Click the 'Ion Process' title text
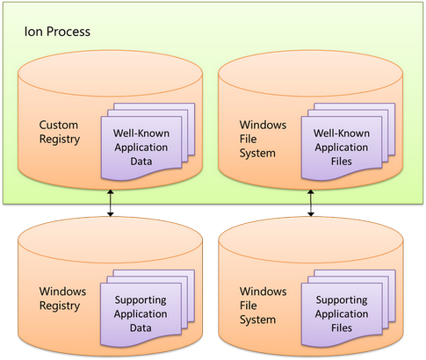[57, 32]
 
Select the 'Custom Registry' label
[59, 132]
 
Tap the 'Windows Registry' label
[62, 299]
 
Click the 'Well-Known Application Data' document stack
[148, 141]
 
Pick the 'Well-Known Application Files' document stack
[348, 141]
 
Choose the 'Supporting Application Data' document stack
[148, 308]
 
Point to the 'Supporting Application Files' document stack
[349, 308]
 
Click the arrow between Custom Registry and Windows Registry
[110, 203]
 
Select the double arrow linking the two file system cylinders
[311, 203]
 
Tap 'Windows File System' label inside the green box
[263, 139]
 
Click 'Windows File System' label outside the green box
[263, 306]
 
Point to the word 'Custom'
[59, 125]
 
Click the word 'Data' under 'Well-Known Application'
[141, 162]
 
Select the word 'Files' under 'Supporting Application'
[342, 328]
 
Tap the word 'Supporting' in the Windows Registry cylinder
[141, 300]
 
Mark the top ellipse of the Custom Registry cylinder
[110, 74]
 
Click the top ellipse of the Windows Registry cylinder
[110, 240]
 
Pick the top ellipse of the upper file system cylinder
[311, 74]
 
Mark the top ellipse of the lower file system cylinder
[311, 240]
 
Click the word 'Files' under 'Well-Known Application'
[342, 162]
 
